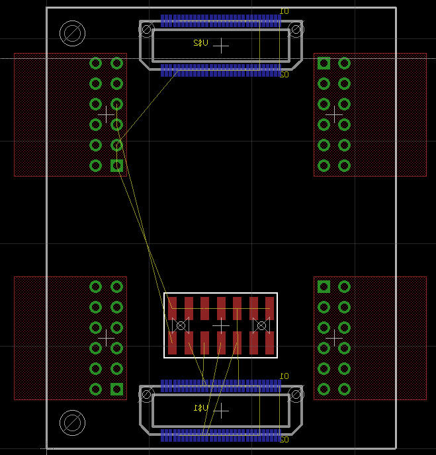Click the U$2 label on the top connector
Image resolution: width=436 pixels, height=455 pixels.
click(200, 43)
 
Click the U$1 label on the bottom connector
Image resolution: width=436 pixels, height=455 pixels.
click(200, 408)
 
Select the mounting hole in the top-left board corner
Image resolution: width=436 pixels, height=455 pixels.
click(72, 32)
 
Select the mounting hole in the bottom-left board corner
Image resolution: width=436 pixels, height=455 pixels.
click(72, 423)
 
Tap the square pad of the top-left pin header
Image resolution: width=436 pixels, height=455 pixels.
click(116, 165)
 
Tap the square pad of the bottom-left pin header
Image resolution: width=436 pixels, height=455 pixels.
click(116, 389)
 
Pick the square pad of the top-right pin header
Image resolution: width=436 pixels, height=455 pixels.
click(324, 63)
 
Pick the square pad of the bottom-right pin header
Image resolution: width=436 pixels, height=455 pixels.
click(324, 287)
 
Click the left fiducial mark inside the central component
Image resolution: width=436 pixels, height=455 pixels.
click(180, 325)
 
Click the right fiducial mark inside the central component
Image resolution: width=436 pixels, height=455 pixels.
click(261, 325)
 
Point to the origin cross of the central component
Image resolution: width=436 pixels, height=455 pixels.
click(221, 325)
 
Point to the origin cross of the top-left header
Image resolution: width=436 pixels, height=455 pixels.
click(106, 114)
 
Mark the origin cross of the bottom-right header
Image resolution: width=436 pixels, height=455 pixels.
click(334, 338)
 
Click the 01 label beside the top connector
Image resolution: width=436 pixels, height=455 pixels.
click(284, 11)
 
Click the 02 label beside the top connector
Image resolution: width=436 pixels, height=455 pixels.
click(284, 75)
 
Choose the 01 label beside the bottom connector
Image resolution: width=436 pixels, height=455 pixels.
click(284, 376)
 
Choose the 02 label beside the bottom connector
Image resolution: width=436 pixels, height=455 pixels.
click(284, 439)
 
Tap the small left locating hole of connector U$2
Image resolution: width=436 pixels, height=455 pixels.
click(147, 30)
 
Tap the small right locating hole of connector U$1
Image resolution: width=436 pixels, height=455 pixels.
click(295, 395)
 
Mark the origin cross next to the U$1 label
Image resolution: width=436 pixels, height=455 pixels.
click(221, 411)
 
